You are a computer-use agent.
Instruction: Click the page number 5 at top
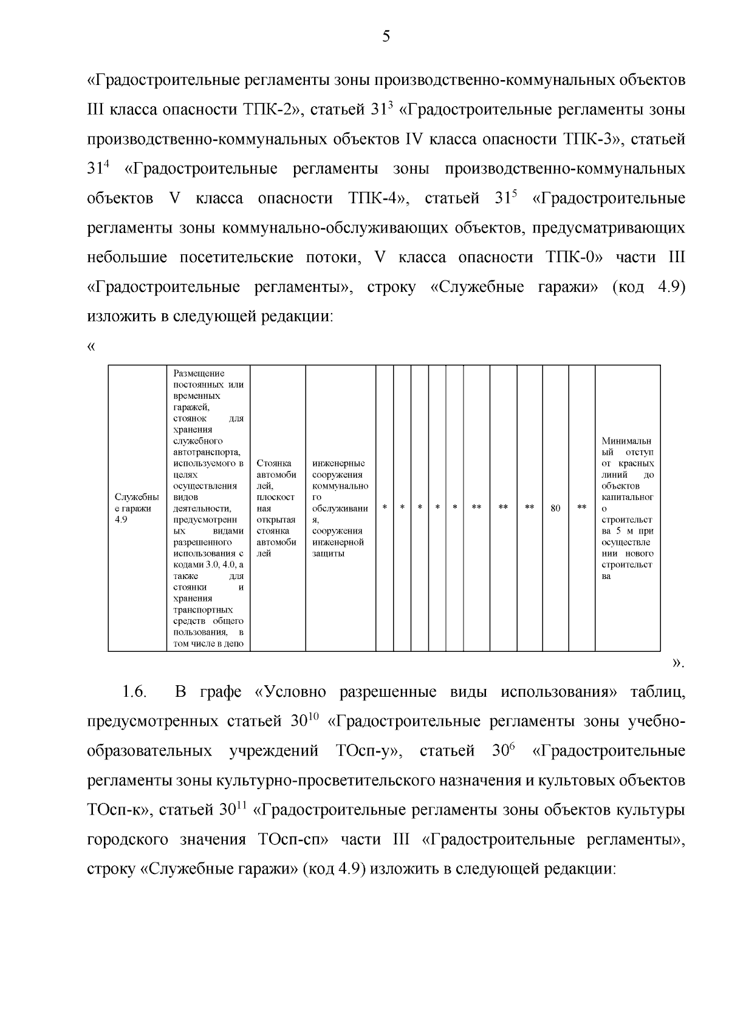tap(386, 37)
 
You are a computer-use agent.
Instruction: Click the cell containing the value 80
tap(555, 508)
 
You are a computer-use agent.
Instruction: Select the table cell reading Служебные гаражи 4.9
tap(137, 508)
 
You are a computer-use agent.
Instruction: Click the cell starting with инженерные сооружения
tap(340, 508)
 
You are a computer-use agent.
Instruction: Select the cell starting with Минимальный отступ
tap(628, 508)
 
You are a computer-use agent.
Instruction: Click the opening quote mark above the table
tap(91, 347)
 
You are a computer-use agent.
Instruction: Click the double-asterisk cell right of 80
tap(581, 507)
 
